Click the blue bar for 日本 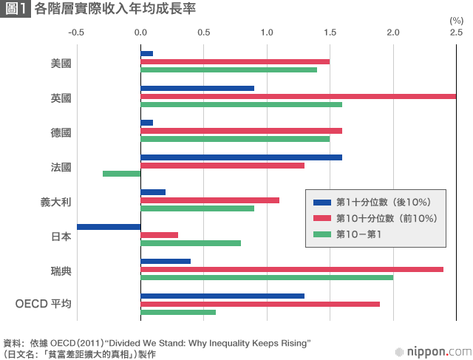[x=109, y=226]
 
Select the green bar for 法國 [x=121, y=174]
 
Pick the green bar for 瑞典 [x=267, y=277]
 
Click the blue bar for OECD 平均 [x=222, y=296]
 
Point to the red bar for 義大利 [x=210, y=200]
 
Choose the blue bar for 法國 [x=241, y=157]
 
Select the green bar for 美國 [x=228, y=69]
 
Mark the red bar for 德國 [x=241, y=131]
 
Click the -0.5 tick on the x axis [x=77, y=33]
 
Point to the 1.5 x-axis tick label [x=330, y=33]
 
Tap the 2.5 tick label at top [x=456, y=33]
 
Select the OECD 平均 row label [x=44, y=304]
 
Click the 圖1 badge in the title [x=16, y=10]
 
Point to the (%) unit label [x=456, y=20]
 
